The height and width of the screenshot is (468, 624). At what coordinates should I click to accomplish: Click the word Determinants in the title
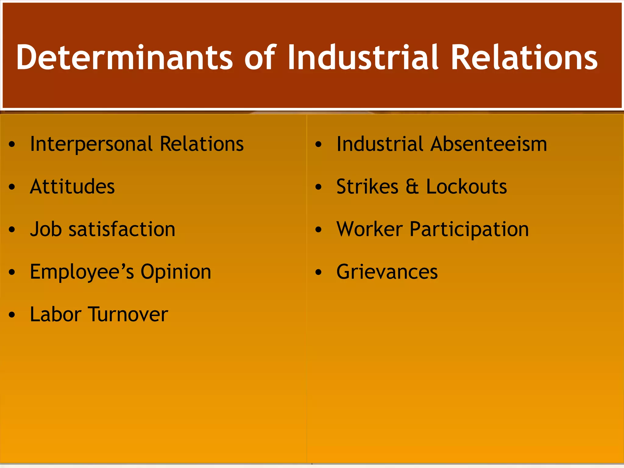[124, 57]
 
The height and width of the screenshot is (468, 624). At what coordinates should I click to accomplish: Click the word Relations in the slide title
[524, 57]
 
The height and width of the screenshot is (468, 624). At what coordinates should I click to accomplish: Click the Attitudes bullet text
[73, 186]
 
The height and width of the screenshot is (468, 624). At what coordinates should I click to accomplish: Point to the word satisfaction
[122, 229]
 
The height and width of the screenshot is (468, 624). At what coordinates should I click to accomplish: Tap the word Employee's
[82, 272]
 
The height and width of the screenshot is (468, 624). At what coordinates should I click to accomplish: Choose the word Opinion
[176, 272]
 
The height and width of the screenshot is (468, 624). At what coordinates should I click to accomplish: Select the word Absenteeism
[489, 144]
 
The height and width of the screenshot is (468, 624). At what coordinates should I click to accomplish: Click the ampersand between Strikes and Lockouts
[412, 186]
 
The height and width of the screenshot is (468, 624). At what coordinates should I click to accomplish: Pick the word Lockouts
[466, 186]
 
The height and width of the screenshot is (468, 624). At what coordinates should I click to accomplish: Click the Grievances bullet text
[387, 272]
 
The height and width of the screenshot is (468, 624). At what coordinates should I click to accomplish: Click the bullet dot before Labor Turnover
[12, 315]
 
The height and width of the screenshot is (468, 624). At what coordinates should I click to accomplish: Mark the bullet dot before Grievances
[318, 272]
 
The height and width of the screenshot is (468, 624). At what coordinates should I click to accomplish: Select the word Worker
[370, 229]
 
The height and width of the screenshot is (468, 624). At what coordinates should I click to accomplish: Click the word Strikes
[367, 186]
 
